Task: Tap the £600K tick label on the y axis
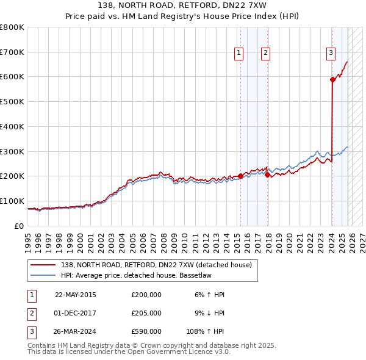tap(12, 77)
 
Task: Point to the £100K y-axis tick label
tap(12, 201)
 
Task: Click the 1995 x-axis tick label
tap(28, 238)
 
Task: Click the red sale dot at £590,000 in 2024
tap(332, 79)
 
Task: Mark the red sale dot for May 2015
tap(240, 176)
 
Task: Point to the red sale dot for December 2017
tap(267, 175)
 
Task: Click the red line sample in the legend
tap(43, 265)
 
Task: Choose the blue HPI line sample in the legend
tap(43, 275)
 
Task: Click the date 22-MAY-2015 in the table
tap(76, 295)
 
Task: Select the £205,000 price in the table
tap(146, 312)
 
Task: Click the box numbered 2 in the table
tap(31, 312)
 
